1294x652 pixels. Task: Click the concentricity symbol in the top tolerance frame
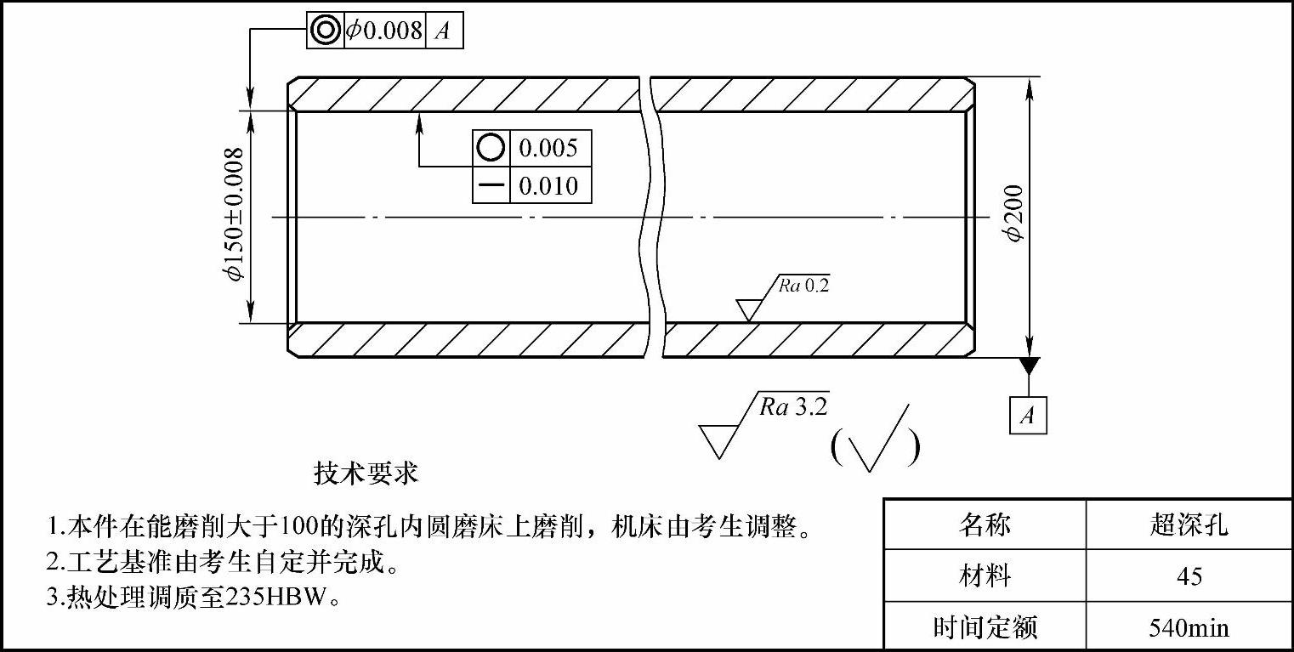tap(325, 31)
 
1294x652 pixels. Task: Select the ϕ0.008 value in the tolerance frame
tap(383, 31)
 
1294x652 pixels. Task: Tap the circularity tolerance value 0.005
tap(548, 148)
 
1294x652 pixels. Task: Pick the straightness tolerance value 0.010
tap(548, 185)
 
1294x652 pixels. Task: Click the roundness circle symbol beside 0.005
tap(491, 148)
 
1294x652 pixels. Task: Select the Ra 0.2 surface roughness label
tap(803, 286)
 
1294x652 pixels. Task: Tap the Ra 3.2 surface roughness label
tap(793, 406)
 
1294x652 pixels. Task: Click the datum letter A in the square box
tap(1028, 416)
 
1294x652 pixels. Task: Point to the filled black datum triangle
tap(1029, 366)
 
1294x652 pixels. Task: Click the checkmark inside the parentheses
tap(876, 442)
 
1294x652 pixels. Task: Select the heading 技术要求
tap(366, 473)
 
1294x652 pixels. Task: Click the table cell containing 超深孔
tap(1188, 524)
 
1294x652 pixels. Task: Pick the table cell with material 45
tap(1188, 576)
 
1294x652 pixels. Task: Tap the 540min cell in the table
tap(1188, 628)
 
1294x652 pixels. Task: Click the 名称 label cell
tap(985, 524)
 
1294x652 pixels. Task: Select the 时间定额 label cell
tap(985, 628)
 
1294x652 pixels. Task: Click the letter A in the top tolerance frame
tap(443, 31)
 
